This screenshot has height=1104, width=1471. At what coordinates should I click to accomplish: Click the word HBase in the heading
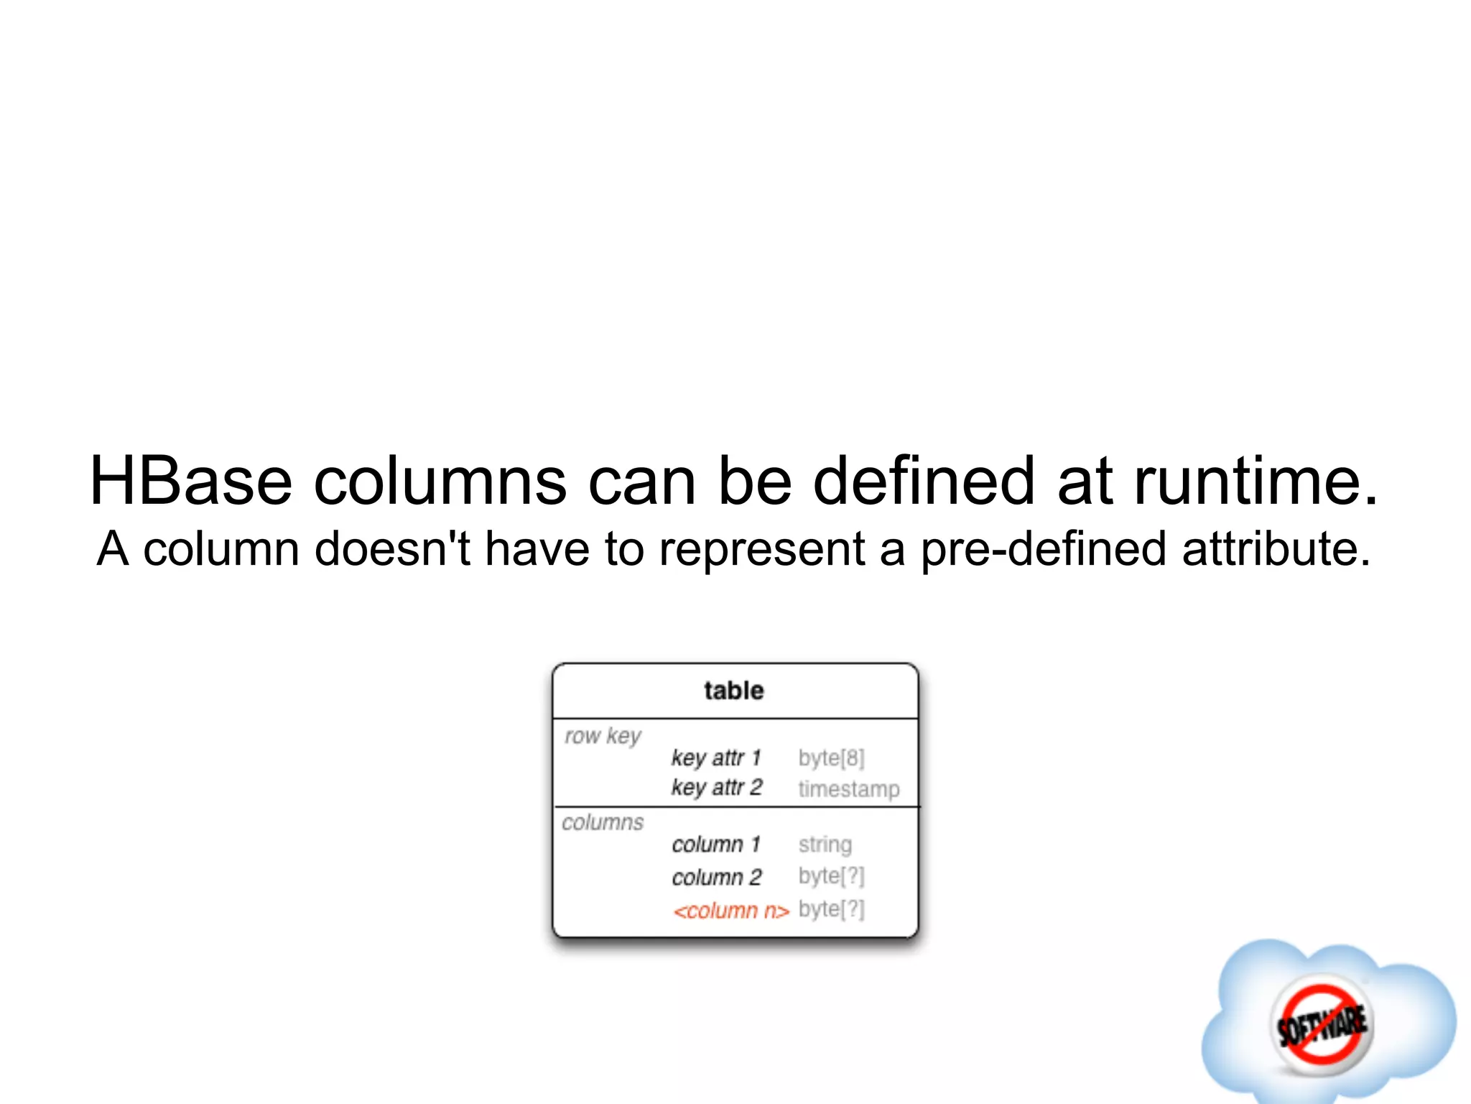tap(191, 481)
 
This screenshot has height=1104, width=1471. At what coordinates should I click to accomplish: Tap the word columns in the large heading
tap(440, 481)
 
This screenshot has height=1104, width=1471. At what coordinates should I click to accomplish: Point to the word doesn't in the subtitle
tap(392, 549)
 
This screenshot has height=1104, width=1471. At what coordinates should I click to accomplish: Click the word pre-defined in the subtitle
tap(1044, 549)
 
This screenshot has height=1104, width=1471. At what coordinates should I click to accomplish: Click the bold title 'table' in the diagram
tap(734, 691)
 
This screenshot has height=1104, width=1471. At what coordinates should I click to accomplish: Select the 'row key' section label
tap(603, 736)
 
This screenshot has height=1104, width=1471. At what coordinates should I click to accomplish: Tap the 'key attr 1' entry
tap(716, 758)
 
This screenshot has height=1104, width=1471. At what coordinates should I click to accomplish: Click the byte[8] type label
tap(831, 758)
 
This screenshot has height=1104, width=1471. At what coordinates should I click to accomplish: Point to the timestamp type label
tap(848, 788)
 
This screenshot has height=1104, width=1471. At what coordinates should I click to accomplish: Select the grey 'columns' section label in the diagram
tap(603, 822)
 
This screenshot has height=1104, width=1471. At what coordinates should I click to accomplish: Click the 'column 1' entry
tap(716, 845)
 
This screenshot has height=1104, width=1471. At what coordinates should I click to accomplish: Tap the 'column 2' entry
tap(717, 877)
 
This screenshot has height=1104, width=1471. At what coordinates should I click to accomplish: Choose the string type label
tap(825, 845)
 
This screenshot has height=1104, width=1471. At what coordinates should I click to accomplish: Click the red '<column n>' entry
tap(731, 911)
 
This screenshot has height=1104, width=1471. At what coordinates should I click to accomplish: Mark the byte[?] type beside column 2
tap(831, 876)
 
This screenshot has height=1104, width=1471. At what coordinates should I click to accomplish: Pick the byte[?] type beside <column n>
tap(831, 909)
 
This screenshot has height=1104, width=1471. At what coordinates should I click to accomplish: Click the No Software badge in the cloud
tap(1322, 1025)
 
